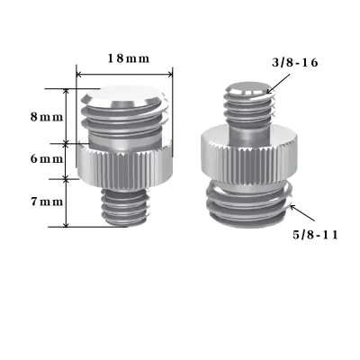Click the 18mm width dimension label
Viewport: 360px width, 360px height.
tap(127, 58)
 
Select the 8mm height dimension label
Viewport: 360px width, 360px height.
tap(46, 117)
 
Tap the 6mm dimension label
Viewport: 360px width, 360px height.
tap(46, 159)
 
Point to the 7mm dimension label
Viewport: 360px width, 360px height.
tap(46, 202)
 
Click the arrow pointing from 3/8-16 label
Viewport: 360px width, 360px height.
tap(280, 83)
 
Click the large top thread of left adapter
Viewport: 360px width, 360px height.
tap(126, 121)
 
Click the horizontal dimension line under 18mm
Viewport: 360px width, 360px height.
tap(126, 74)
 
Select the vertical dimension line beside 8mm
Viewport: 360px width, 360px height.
tap(67, 115)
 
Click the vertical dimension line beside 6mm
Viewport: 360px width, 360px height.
tap(67, 159)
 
